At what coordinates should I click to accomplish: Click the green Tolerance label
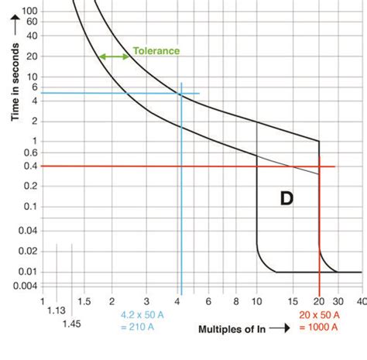click(156, 51)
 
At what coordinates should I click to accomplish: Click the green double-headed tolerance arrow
click(114, 57)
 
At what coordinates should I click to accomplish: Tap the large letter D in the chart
click(286, 199)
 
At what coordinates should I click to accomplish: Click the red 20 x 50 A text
click(318, 315)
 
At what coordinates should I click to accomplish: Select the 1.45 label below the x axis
click(70, 323)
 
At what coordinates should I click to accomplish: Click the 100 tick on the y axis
click(30, 11)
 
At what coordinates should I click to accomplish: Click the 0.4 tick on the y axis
click(31, 166)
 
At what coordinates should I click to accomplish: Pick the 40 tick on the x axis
click(361, 300)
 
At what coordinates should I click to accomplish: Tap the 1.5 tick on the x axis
click(84, 300)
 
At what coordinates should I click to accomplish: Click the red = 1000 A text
click(318, 327)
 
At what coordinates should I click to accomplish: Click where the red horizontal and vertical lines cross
click(320, 166)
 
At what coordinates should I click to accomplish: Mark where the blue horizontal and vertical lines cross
click(181, 94)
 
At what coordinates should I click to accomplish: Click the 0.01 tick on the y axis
click(29, 272)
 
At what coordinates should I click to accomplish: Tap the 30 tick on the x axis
click(338, 300)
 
